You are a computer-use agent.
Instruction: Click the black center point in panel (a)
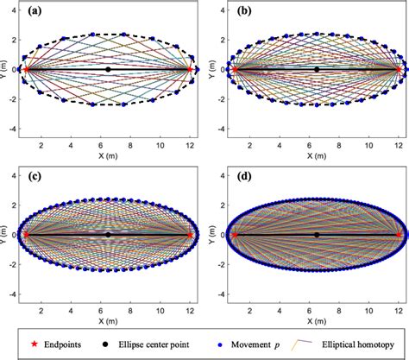click(x=108, y=69)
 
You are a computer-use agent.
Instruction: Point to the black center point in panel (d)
click(x=317, y=234)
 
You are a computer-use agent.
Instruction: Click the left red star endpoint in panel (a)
click(x=26, y=69)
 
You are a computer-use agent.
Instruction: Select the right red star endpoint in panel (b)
click(x=399, y=69)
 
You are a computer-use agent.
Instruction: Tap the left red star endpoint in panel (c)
click(x=26, y=234)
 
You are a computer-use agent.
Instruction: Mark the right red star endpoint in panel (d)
click(x=399, y=234)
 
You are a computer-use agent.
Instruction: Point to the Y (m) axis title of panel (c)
click(x=5, y=234)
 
